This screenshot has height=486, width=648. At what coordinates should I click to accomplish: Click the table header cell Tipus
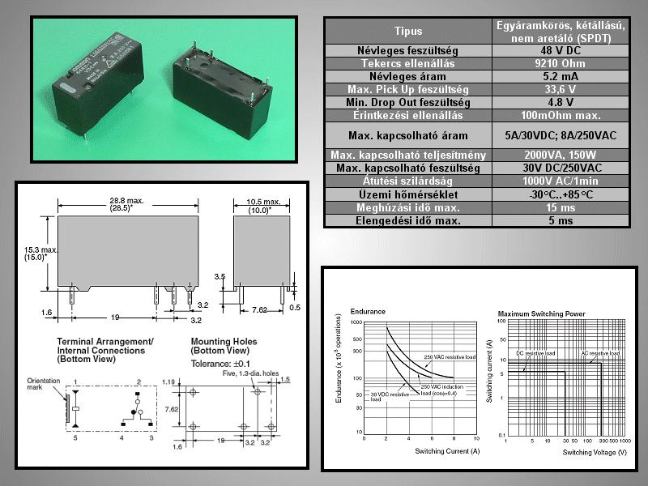coord(407,32)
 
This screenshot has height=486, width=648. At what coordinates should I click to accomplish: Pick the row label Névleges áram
coord(407,77)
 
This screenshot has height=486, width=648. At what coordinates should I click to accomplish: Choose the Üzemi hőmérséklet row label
coord(407,194)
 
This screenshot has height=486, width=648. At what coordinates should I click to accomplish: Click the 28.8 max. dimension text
coord(129,200)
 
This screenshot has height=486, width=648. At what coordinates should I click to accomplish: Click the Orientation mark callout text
coord(42,382)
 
